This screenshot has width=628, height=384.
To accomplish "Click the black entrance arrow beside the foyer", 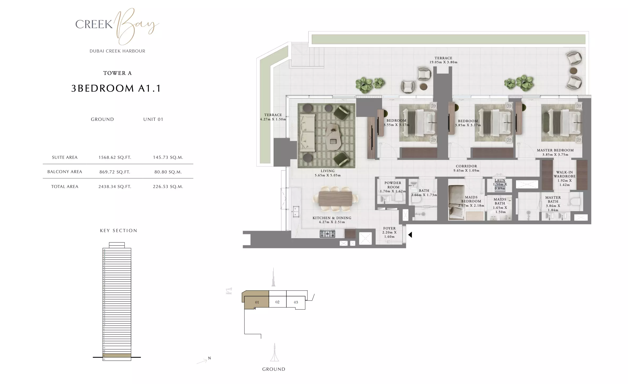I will click(410, 235).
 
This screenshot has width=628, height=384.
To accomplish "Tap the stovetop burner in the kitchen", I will click(327, 234).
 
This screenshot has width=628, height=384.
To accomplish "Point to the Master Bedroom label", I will click(555, 150).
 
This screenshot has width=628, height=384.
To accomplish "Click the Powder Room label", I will click(393, 185).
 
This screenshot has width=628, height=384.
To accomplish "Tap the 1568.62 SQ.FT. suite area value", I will click(115, 157).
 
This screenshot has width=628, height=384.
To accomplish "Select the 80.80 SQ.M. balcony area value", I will click(168, 172).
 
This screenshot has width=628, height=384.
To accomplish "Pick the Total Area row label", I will click(65, 187).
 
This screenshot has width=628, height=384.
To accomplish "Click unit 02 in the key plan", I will click(277, 302).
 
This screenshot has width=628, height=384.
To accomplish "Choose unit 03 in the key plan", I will click(296, 302).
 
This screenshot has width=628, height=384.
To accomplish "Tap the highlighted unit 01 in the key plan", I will click(257, 302).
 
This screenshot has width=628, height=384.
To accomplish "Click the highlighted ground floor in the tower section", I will click(117, 355).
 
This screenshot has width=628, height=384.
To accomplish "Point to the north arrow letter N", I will click(209, 358).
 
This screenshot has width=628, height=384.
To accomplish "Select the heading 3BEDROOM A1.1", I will click(116, 88).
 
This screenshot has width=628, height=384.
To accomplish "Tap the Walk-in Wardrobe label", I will click(565, 174).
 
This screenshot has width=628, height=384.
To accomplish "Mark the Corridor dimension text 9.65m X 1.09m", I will click(466, 170).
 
